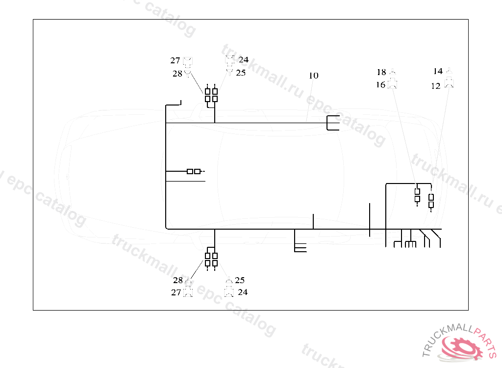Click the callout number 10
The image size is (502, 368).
313,76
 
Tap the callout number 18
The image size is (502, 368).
381,72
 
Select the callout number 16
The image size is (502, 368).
380,85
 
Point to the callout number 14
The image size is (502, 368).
438,72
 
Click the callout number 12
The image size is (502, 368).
436,86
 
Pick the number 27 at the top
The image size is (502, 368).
176,61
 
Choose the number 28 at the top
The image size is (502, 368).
177,74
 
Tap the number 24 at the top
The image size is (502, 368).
243,60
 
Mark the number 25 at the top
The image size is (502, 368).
240,73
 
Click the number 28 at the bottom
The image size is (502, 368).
177,281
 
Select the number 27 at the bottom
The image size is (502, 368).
176,292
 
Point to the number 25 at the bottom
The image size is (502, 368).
239,281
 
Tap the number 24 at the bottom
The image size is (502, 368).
242,292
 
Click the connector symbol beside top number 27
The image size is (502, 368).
188,61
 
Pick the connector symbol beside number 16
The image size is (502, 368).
393,84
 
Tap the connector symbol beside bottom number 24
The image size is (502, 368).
229,292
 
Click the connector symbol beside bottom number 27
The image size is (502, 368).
188,292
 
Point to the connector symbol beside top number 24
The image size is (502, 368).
229,60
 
